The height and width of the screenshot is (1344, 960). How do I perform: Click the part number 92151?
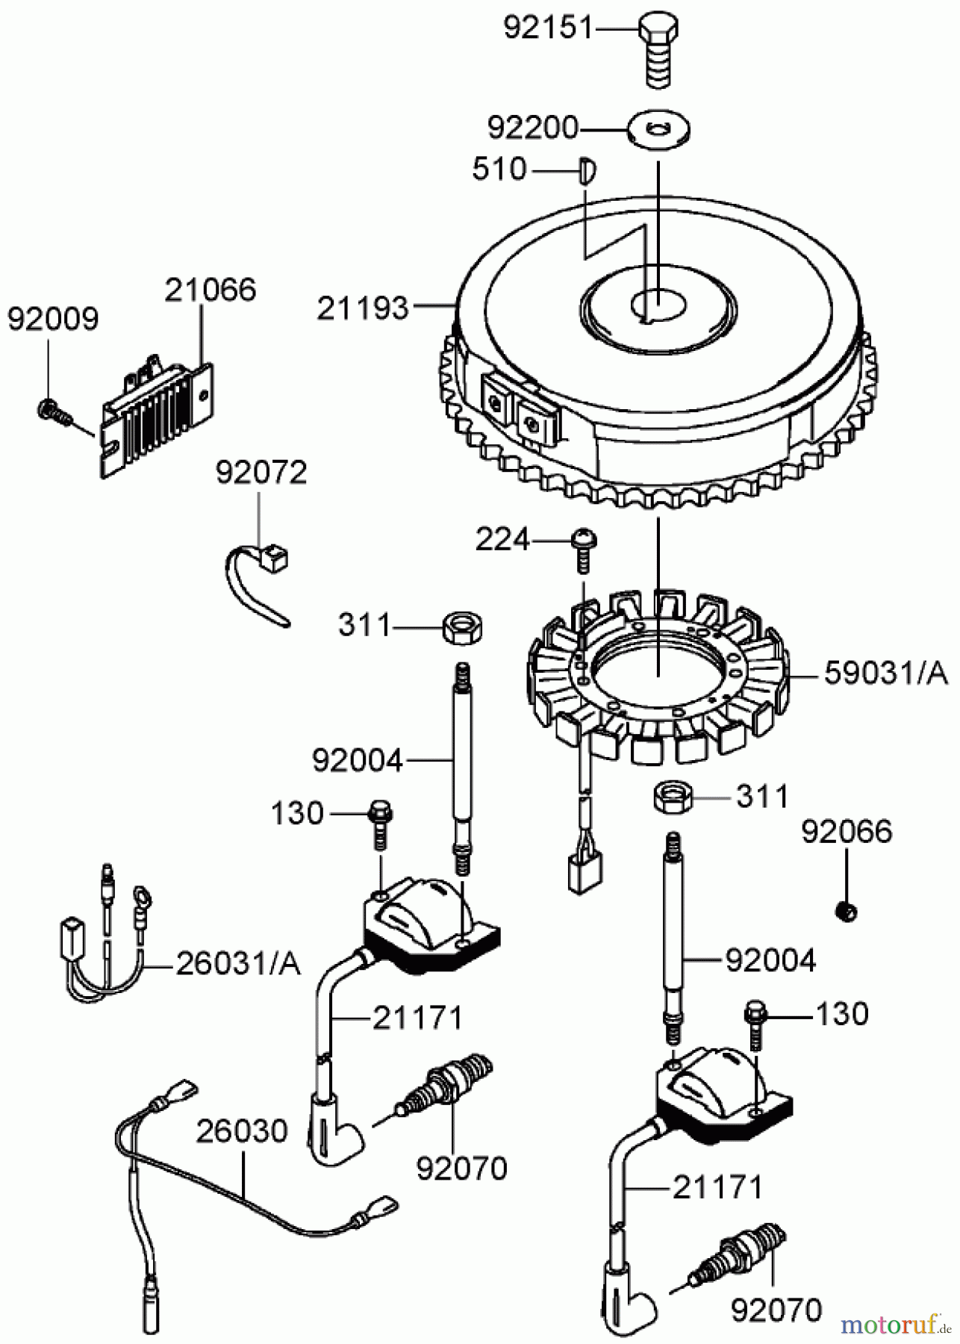pyautogui.click(x=547, y=28)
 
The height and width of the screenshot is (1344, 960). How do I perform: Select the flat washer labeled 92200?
pyautogui.click(x=659, y=130)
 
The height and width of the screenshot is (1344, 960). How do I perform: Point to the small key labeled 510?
pyautogui.click(x=587, y=169)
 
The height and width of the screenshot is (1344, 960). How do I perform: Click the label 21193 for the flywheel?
pyautogui.click(x=363, y=307)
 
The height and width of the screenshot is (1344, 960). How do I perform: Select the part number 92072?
pyautogui.click(x=261, y=473)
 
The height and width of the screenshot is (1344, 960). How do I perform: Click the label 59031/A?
pyautogui.click(x=885, y=674)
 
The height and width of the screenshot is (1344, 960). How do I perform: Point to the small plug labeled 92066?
pyautogui.click(x=846, y=911)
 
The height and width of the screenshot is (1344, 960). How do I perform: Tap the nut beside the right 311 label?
pyautogui.click(x=671, y=797)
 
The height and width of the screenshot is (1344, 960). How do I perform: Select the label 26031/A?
pyautogui.click(x=238, y=964)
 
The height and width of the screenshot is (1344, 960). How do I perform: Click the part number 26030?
pyautogui.click(x=242, y=1132)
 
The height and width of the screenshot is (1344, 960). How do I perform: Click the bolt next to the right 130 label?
pyautogui.click(x=755, y=1024)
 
